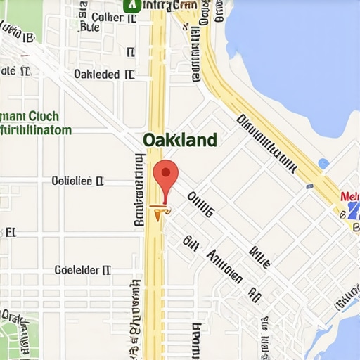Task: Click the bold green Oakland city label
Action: tap(179, 140)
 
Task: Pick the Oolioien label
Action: tap(77, 181)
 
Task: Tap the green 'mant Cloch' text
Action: tap(30, 117)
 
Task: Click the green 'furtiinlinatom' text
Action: tap(35, 130)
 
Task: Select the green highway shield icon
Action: tap(130, 5)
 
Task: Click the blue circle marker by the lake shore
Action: tap(323, 164)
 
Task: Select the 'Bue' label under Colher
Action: tap(90, 28)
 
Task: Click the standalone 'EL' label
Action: tap(10, 231)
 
